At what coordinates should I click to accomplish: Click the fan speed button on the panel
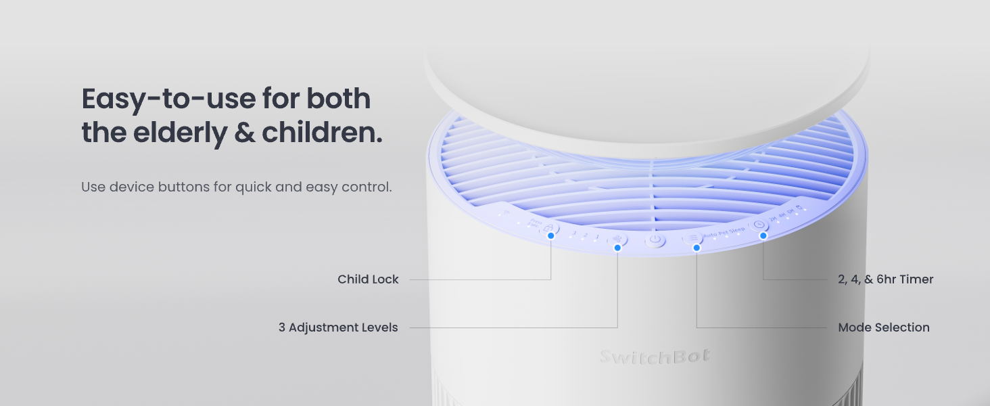[617, 239]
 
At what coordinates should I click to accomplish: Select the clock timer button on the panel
[758, 225]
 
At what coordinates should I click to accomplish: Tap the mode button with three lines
[693, 238]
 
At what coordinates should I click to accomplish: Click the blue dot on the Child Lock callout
[551, 235]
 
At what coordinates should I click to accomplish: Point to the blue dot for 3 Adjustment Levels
[617, 248]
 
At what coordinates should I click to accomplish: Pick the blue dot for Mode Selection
[697, 248]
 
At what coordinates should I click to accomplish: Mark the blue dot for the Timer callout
[763, 235]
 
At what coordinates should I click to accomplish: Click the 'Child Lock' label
[368, 279]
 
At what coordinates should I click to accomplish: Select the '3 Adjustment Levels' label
[338, 328]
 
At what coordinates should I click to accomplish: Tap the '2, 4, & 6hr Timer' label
[885, 279]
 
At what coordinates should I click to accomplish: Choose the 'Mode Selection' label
[883, 328]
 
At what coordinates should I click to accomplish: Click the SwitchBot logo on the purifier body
[655, 357]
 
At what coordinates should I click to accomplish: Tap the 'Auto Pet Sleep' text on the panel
[724, 231]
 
